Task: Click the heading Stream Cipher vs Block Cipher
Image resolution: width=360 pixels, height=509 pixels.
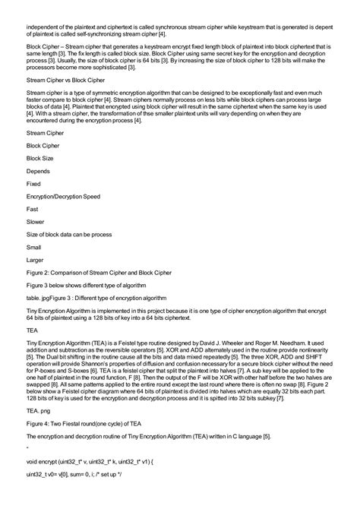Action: click(x=65, y=78)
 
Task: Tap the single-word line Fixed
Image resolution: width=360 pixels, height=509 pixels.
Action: click(x=34, y=184)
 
